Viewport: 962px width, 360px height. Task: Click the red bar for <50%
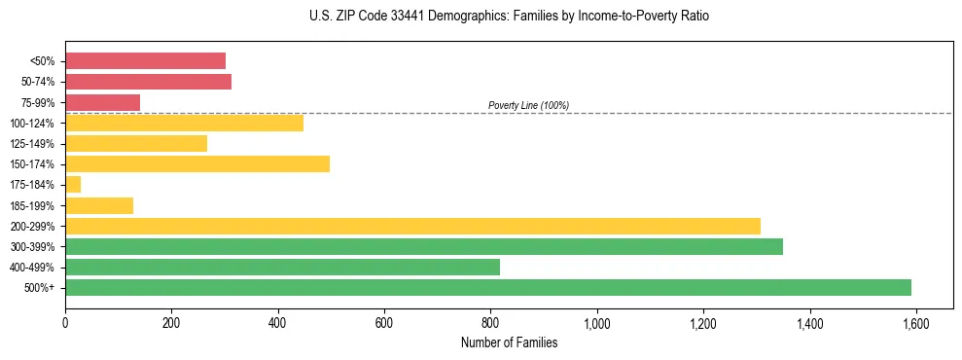(145, 61)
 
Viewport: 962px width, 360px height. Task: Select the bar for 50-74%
(148, 82)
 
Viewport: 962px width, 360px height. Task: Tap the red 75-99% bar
(102, 102)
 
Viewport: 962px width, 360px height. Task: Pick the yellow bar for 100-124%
(184, 123)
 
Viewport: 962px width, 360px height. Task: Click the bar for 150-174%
(197, 163)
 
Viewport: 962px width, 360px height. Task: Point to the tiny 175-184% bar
(73, 184)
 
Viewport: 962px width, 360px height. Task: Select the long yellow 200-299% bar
(412, 226)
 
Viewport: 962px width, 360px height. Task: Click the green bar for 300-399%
(424, 246)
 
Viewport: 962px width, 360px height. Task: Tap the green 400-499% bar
(282, 267)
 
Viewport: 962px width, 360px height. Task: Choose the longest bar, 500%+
(488, 287)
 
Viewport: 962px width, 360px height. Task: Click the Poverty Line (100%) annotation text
(528, 105)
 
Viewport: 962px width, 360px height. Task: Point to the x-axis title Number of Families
(509, 342)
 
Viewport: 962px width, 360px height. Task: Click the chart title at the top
(510, 17)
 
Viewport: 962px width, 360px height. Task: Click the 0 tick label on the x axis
(65, 323)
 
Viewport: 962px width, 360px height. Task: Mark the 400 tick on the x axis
(277, 323)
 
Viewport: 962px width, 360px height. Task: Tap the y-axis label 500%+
(41, 287)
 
